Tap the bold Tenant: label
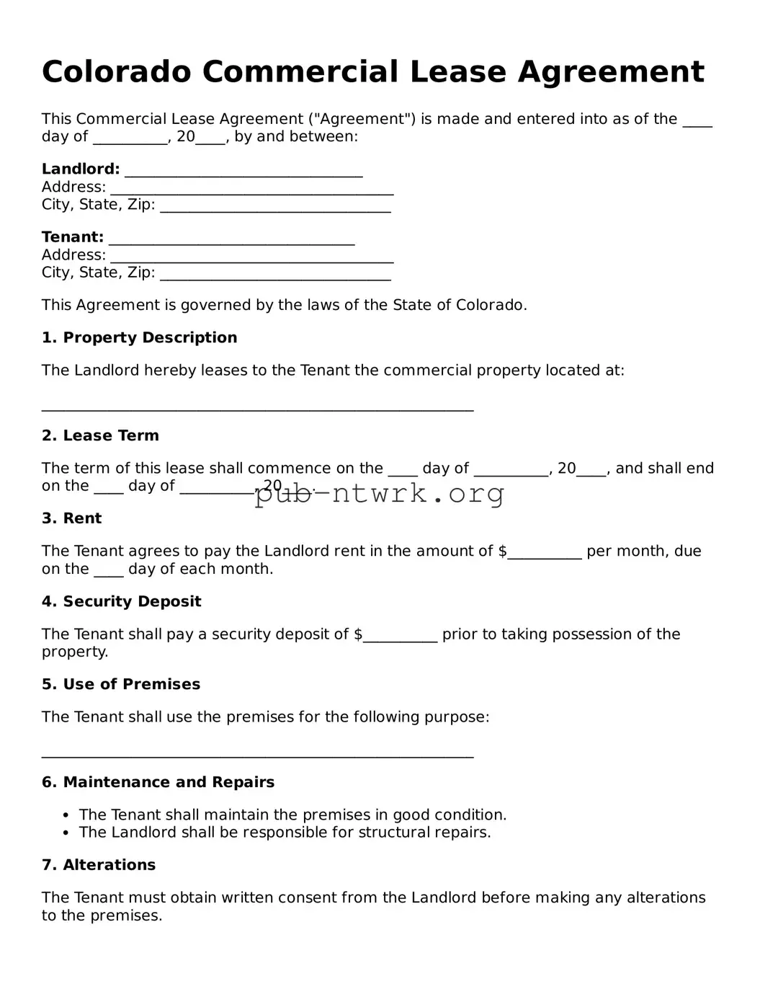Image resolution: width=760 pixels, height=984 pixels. point(73,237)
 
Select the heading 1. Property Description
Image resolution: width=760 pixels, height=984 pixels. point(139,338)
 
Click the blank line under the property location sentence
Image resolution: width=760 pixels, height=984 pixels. point(257,406)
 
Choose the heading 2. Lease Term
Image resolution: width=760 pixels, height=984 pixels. point(100,435)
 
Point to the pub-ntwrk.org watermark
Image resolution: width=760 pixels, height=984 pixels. point(379,494)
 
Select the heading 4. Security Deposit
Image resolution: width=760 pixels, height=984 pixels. point(121,601)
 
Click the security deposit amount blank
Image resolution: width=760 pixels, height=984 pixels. point(401,637)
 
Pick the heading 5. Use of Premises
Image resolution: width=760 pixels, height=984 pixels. point(121,684)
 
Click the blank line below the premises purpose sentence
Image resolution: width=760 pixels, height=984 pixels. point(257,753)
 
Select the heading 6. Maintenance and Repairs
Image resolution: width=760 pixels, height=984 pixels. point(158,782)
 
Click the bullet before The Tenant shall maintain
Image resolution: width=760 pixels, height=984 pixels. point(66,815)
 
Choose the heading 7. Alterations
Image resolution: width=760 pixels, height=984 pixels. point(99,865)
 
